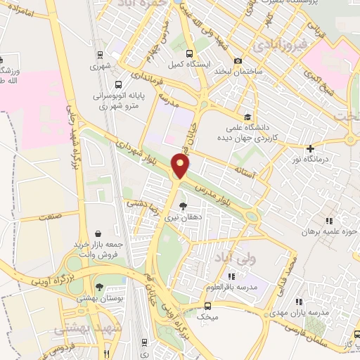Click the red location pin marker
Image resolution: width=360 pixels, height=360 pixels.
pos(181,167)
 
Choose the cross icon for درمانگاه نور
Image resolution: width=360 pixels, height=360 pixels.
pos(310,148)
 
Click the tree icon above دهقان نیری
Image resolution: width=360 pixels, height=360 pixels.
pos(184,206)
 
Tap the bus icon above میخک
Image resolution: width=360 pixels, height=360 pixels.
pos(207,306)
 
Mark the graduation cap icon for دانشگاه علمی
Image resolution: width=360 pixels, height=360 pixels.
pos(246,117)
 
